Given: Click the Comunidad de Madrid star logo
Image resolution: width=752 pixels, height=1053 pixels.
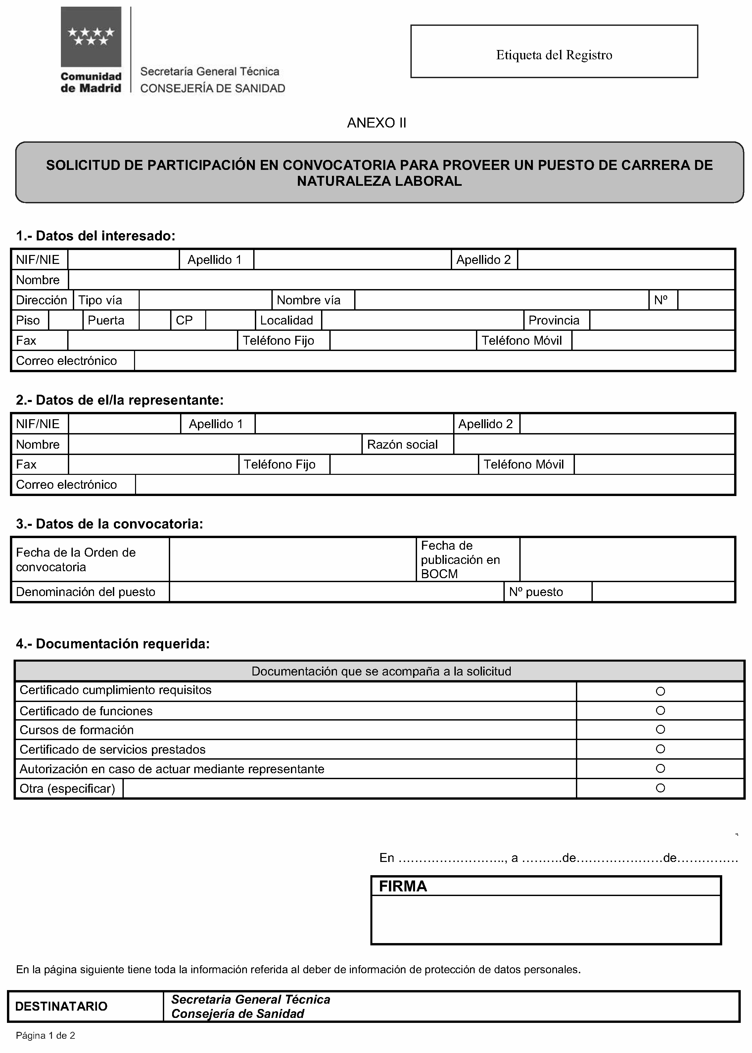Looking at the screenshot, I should tap(91, 37).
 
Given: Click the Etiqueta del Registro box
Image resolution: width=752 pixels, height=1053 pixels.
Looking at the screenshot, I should tap(554, 51).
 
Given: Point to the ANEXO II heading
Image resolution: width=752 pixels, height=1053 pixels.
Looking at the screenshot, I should tap(376, 123).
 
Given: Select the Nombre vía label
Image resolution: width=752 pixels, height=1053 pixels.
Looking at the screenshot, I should tap(308, 300).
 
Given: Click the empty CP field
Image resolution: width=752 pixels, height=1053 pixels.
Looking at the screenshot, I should tap(230, 320).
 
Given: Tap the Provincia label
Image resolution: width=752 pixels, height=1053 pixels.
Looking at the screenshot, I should tap(554, 320).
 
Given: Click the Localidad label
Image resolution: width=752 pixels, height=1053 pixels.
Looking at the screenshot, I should tap(287, 320).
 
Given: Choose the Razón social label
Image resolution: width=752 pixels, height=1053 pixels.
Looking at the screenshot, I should tap(402, 444).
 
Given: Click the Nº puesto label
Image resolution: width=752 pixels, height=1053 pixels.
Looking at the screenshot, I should tap(536, 592).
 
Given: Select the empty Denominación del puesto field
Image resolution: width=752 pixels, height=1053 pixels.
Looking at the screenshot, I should tap(336, 592).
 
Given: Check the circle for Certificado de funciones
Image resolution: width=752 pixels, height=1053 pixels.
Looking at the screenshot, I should tap(660, 710).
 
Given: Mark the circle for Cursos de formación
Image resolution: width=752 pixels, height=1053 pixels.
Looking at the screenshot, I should tap(660, 729).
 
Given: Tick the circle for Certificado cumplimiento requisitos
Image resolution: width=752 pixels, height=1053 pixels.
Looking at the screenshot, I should tap(660, 691).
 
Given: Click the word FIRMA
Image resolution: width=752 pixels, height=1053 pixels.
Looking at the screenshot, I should tap(403, 886).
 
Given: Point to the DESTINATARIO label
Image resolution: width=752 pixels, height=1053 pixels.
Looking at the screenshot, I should tap(61, 1006).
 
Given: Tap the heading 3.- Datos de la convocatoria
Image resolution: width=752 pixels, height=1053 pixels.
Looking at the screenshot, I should tap(109, 524).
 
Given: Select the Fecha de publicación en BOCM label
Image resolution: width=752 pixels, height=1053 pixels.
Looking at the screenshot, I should tap(460, 560).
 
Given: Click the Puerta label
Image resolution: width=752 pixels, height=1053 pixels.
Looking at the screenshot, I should tap(106, 320).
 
